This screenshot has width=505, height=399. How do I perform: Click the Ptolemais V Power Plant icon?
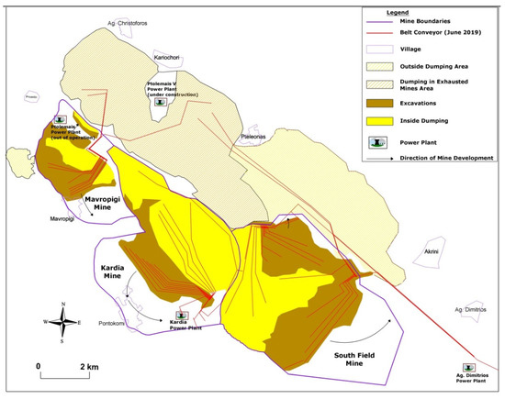pos(161,104)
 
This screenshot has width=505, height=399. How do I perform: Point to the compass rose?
pos(61,322)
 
